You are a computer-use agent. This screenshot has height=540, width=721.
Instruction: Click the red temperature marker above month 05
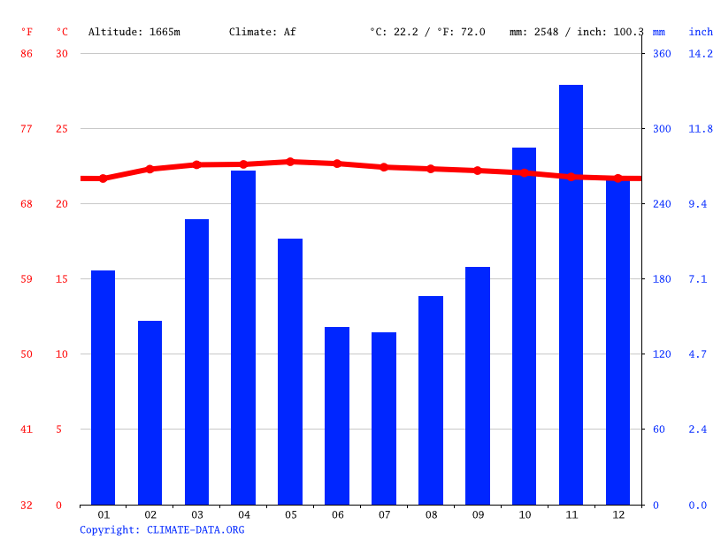(x=290, y=162)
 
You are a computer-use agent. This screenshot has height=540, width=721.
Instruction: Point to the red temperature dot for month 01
(x=103, y=179)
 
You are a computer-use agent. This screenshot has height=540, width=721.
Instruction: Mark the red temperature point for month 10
(x=525, y=172)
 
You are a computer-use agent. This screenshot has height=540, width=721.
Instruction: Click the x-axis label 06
(x=337, y=514)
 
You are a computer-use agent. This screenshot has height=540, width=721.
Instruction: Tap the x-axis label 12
(x=617, y=514)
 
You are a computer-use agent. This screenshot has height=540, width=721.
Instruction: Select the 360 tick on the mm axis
(x=662, y=54)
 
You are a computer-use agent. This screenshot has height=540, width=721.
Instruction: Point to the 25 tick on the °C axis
(x=60, y=129)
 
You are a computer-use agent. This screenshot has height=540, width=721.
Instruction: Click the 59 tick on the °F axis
(x=27, y=279)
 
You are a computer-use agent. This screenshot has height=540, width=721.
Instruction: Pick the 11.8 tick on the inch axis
(x=701, y=129)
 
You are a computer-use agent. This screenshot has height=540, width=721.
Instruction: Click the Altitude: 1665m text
(x=134, y=32)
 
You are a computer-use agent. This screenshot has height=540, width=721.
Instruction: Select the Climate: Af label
(x=263, y=32)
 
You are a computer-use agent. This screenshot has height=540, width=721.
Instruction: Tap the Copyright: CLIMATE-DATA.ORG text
(x=162, y=530)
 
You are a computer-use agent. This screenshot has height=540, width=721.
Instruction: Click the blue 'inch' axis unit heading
(x=701, y=32)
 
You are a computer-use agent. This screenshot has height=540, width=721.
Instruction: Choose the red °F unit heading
(x=27, y=32)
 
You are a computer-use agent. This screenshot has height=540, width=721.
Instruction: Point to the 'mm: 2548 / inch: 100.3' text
(x=577, y=32)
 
